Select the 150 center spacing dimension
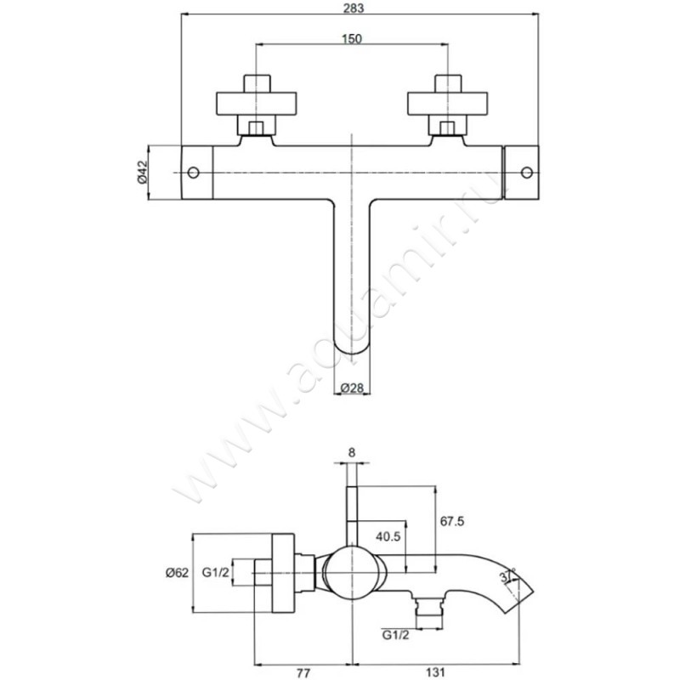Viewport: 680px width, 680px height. (352, 38)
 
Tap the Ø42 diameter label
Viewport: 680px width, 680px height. (143, 173)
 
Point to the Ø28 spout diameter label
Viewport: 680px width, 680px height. (352, 388)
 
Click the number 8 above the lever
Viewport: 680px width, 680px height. (352, 453)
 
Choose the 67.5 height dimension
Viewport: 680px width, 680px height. (452, 521)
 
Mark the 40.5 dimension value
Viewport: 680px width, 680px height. (388, 536)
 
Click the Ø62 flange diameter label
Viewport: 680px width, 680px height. (177, 573)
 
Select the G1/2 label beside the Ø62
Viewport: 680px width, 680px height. (216, 573)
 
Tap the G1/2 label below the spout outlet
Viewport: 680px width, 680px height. (395, 635)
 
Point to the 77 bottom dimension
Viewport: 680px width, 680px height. (303, 672)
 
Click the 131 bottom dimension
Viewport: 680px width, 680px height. (436, 672)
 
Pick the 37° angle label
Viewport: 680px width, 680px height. (507, 575)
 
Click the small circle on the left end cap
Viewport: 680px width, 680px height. (194, 173)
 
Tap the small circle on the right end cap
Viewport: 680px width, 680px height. (527, 173)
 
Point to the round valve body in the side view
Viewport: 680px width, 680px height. (352, 573)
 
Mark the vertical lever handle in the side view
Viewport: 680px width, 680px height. (352, 516)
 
